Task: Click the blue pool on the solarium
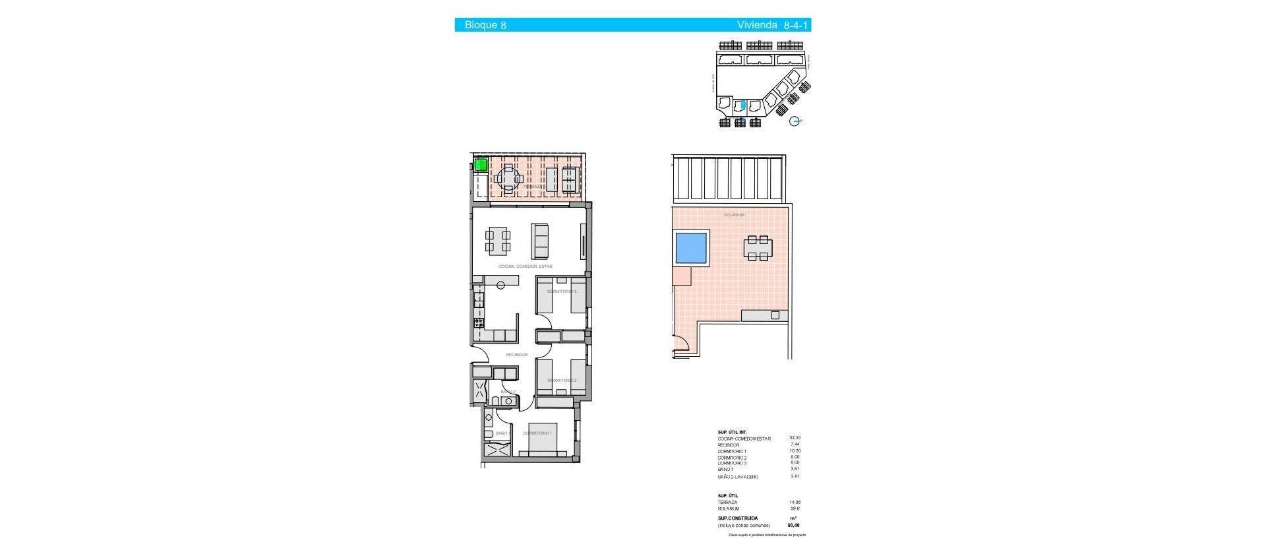coord(691,247)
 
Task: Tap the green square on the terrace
coord(481,165)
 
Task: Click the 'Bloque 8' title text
coord(485,25)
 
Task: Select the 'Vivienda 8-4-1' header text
coord(773,25)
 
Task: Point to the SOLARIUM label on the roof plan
coord(734,215)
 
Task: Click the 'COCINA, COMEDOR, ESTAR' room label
coord(526,266)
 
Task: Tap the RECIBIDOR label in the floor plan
coord(517,355)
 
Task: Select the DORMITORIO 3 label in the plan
coord(562,291)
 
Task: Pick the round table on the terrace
coord(508,178)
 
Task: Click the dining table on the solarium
coord(758,247)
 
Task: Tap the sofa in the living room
coord(540,241)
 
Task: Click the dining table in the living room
coord(498,241)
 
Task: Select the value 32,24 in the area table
coord(795,438)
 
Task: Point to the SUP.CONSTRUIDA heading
coord(737,518)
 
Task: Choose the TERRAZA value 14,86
coord(795,503)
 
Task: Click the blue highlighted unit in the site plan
coord(743,105)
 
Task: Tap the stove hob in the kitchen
coord(478,323)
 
